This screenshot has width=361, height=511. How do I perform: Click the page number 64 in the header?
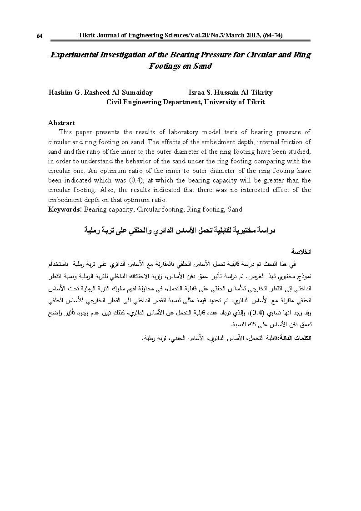click(x=40, y=36)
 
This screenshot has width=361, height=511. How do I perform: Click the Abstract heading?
click(x=61, y=123)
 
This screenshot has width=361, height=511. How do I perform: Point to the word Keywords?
click(x=65, y=209)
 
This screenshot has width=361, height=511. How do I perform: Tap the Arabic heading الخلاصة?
click(x=301, y=252)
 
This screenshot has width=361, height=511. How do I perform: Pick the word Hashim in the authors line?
click(x=60, y=92)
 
